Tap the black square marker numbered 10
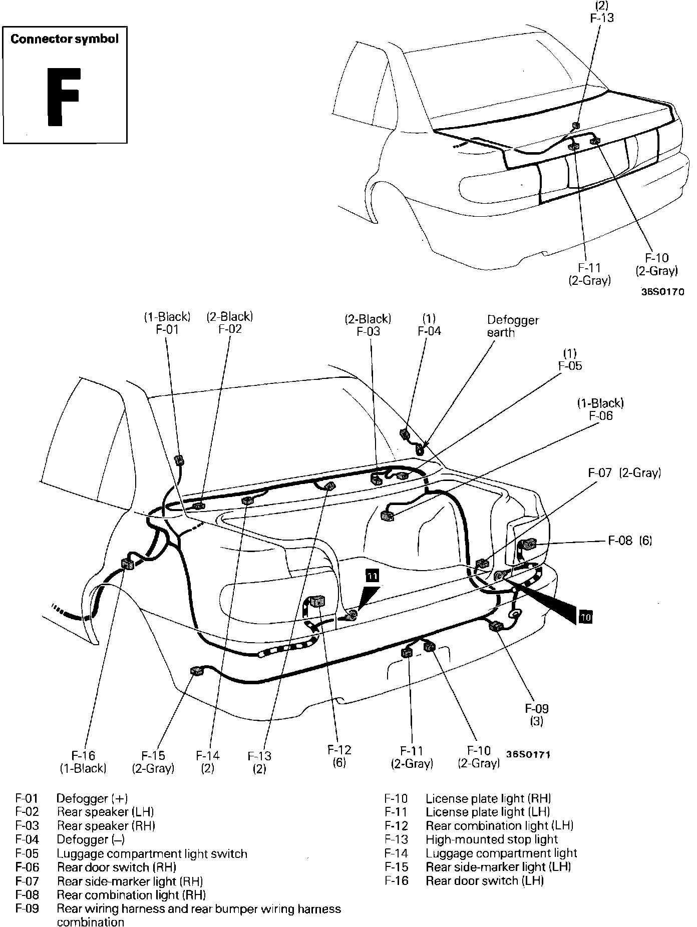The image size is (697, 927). click(x=585, y=617)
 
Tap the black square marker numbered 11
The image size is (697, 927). click(x=373, y=576)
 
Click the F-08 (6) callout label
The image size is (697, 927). click(x=630, y=541)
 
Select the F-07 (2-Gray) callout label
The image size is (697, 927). click(x=624, y=473)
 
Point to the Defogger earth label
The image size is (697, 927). click(x=513, y=326)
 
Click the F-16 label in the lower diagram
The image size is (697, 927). click(x=83, y=755)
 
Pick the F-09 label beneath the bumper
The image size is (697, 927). click(x=537, y=708)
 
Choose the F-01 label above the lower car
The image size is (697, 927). click(x=167, y=329)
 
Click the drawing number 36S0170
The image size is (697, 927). click(x=662, y=292)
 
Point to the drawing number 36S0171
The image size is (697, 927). click(x=528, y=754)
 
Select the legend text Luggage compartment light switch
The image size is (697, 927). click(x=152, y=853)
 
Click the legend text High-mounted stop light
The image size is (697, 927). click(x=492, y=839)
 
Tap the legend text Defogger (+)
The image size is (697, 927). click(x=92, y=798)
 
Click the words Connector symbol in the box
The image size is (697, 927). click(x=65, y=39)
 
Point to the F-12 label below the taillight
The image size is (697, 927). click(x=339, y=750)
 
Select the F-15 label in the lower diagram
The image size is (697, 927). click(x=153, y=755)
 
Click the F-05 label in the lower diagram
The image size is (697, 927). click(x=570, y=366)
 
